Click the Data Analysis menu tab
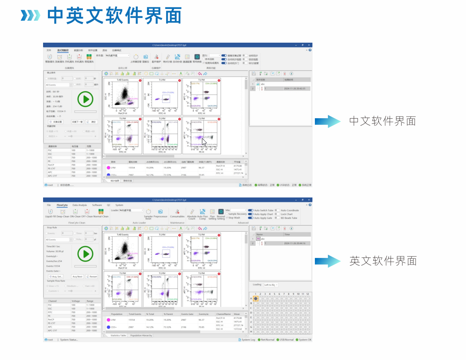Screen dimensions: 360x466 (80, 205)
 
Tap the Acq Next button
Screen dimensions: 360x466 (77, 276)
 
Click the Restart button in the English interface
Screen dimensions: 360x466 (92, 276)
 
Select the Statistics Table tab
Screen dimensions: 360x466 (118, 335)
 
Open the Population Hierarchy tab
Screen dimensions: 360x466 (141, 335)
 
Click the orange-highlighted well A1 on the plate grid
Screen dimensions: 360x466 (256, 299)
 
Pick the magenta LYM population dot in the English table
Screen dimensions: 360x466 (108, 320)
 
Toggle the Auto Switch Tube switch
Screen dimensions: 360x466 (250, 210)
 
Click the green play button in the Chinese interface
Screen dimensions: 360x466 (85, 99)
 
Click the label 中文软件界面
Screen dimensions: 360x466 (382, 121)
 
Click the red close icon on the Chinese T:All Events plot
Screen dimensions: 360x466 (140, 80)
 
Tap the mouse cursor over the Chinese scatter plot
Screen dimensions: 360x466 (204, 142)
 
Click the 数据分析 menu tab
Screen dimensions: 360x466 (78, 50)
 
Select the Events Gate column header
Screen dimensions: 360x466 (187, 314)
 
